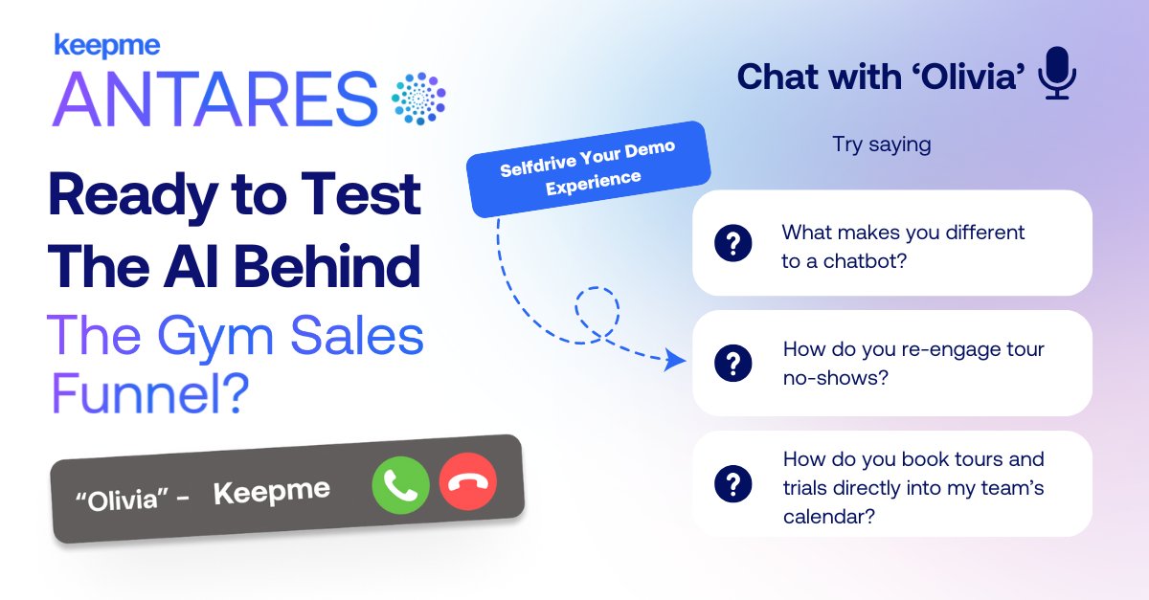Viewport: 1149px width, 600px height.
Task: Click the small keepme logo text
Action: (x=106, y=44)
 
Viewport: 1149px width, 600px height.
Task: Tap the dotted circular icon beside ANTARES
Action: (x=418, y=98)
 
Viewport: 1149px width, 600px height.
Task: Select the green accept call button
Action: (x=400, y=485)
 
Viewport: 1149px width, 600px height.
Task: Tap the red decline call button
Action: (x=467, y=481)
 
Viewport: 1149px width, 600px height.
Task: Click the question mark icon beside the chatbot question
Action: (x=733, y=244)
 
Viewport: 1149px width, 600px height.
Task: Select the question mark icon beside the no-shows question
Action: (x=733, y=363)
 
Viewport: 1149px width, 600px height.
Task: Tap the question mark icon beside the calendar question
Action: (x=733, y=483)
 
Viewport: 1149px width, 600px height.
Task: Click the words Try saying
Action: (x=881, y=145)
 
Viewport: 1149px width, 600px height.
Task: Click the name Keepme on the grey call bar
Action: (x=271, y=492)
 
